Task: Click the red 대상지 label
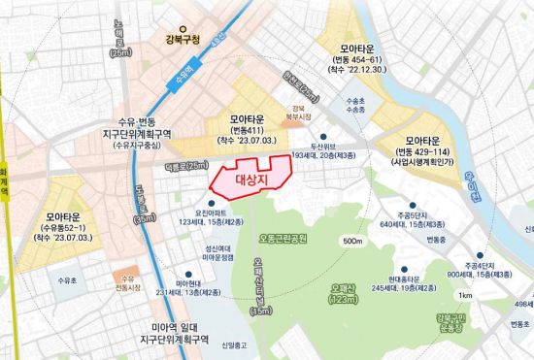(250, 179)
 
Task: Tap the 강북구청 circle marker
(174, 27)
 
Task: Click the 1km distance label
(467, 295)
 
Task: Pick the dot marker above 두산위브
(324, 137)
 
